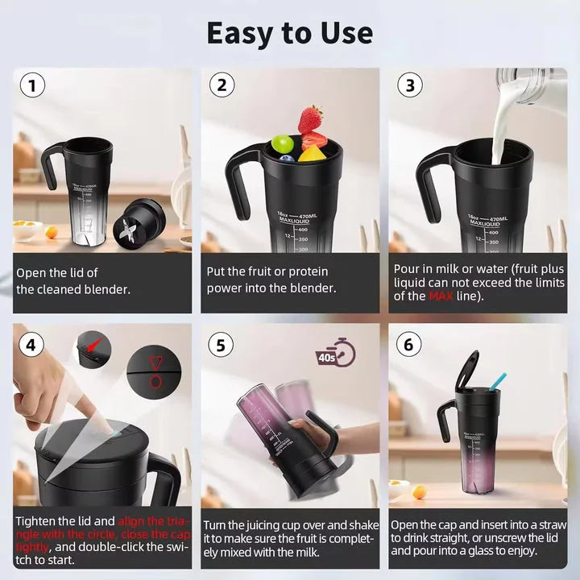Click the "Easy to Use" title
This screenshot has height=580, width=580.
(x=289, y=33)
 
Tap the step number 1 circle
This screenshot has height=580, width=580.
(x=32, y=86)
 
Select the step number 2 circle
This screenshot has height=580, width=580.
(x=221, y=86)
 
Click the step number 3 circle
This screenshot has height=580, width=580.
(x=409, y=86)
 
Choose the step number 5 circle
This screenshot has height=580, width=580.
(x=221, y=346)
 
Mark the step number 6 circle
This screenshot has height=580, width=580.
(x=409, y=346)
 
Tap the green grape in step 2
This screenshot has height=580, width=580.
(x=282, y=143)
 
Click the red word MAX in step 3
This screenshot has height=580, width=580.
(x=439, y=296)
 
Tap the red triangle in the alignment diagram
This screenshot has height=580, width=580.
(x=155, y=360)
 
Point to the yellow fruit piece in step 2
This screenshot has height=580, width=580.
(x=311, y=153)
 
